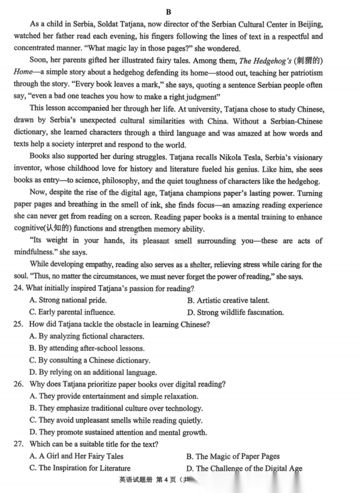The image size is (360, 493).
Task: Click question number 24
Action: tap(19, 289)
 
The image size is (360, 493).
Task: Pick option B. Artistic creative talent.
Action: tap(228, 300)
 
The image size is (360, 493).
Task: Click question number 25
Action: tap(19, 324)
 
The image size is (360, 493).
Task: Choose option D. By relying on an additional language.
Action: tap(93, 372)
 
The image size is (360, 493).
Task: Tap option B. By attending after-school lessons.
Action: tap(87, 348)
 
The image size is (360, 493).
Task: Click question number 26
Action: tap(19, 384)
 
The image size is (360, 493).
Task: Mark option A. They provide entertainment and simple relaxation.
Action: tap(113, 396)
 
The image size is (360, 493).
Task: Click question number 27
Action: tap(19, 445)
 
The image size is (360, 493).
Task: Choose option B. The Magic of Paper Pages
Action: tap(233, 456)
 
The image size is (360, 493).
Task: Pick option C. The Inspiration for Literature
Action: tap(80, 468)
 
